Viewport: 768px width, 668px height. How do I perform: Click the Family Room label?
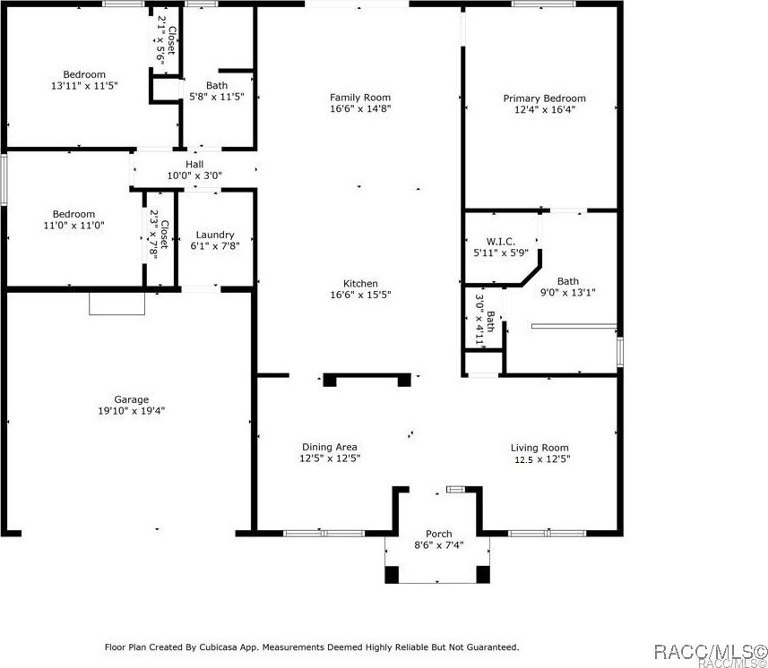[360, 98]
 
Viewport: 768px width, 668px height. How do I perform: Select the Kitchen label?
[360, 283]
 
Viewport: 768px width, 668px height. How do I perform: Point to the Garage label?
[131, 399]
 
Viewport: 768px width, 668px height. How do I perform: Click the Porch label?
[439, 535]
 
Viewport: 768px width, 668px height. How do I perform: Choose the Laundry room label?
[215, 235]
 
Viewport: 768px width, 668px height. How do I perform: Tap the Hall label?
[194, 164]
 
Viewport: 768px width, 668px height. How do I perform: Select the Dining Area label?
[330, 447]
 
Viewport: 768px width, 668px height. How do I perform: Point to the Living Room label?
[539, 448]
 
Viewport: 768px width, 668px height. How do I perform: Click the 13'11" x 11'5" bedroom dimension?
[84, 85]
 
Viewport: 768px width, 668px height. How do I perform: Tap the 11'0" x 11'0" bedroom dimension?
[73, 226]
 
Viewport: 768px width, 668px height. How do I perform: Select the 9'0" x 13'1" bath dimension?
[568, 292]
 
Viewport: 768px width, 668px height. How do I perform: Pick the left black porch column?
[392, 574]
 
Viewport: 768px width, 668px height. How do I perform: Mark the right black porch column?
[483, 574]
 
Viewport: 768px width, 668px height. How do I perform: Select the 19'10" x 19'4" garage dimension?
[131, 411]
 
